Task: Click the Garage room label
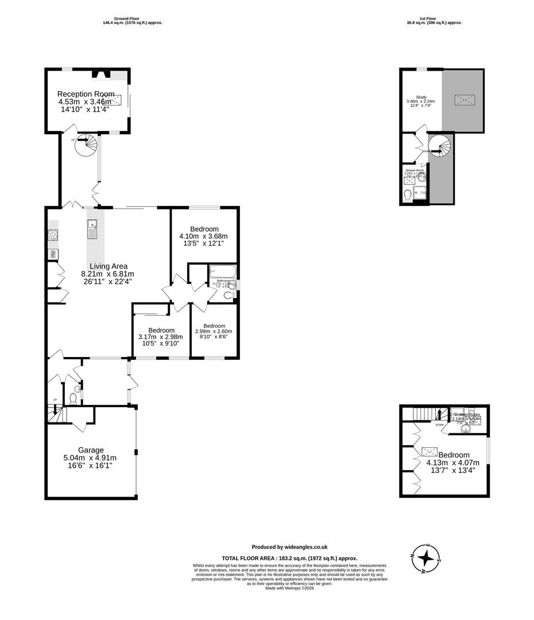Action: click(91, 450)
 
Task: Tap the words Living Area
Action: click(107, 266)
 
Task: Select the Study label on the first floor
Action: click(421, 97)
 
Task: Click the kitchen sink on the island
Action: click(92, 228)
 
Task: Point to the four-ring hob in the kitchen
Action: click(52, 234)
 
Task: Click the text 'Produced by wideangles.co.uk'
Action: click(289, 547)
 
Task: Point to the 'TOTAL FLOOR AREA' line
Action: click(289, 558)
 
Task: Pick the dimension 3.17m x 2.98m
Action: click(161, 337)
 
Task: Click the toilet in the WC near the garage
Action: click(73, 398)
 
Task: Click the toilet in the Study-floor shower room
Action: click(408, 196)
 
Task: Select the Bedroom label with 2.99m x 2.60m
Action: click(214, 325)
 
